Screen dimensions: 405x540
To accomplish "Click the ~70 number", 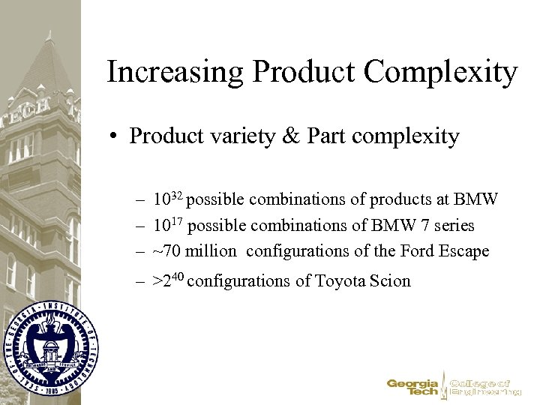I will pyautogui.click(x=168, y=251).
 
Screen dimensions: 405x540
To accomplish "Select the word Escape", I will pyautogui.click(x=465, y=251).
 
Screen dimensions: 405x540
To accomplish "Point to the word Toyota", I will pyautogui.click(x=342, y=281).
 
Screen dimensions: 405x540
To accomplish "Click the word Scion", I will pyautogui.click(x=391, y=281).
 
